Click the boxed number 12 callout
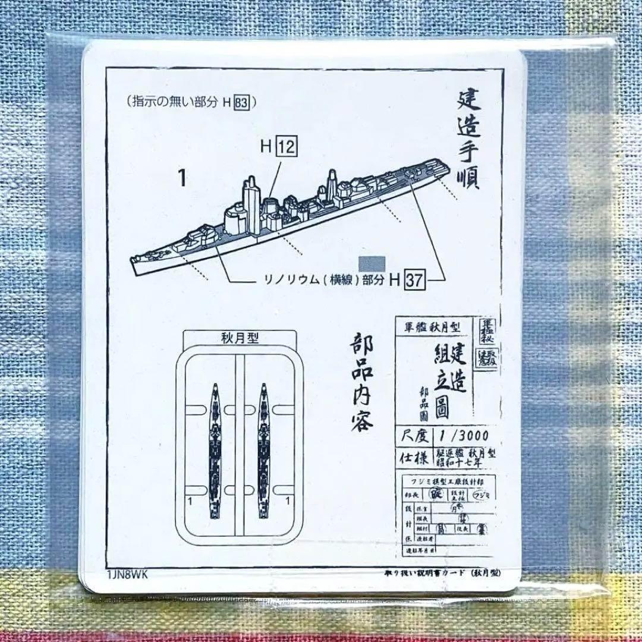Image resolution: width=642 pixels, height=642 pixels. (286, 146)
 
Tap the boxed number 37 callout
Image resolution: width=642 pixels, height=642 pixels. (415, 280)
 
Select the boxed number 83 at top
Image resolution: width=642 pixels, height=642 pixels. (241, 102)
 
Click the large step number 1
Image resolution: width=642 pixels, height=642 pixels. (181, 178)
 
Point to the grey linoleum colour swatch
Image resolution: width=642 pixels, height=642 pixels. (373, 263)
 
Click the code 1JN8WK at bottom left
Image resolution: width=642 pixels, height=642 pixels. (128, 574)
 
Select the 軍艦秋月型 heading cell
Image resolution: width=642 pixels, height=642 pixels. (433, 328)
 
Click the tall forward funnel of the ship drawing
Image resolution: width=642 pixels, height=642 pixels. (250, 202)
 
